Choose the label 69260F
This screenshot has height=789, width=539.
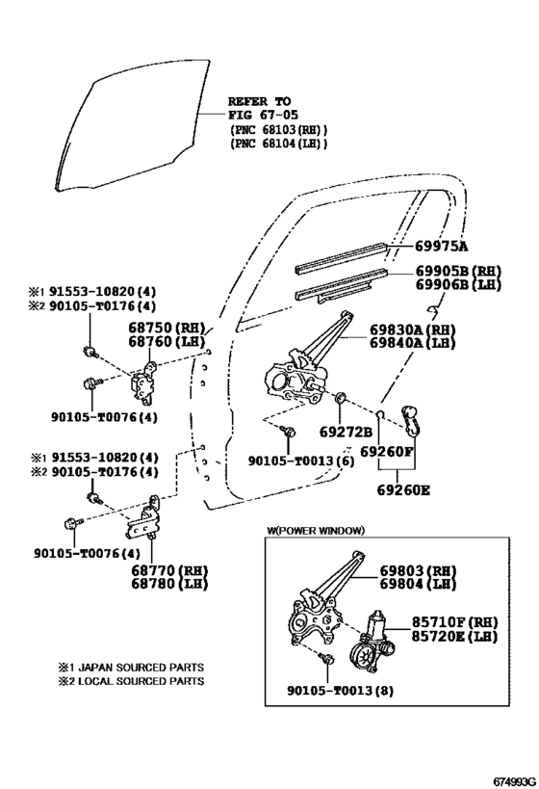point(387,450)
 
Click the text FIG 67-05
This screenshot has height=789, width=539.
point(259,115)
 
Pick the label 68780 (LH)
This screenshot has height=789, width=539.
point(170,584)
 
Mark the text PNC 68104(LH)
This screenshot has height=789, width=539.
point(278,144)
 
